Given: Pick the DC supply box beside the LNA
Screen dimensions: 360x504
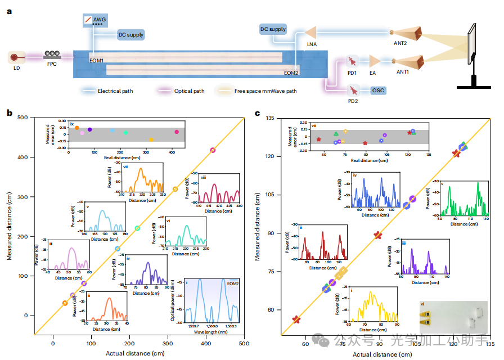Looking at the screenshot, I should pos(273,29).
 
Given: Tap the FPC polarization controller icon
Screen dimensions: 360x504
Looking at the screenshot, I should pos(52,55).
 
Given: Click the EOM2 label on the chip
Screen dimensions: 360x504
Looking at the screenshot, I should pos(291,73).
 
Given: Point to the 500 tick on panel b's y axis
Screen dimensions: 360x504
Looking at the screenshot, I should pos(24,118).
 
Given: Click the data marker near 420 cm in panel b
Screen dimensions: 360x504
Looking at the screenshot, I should pos(213,150).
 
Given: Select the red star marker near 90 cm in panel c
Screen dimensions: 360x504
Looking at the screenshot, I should pos(378,235).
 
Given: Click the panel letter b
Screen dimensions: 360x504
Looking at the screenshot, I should pos(9,113).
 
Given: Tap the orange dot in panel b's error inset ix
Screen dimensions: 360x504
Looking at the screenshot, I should pos(77,128).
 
